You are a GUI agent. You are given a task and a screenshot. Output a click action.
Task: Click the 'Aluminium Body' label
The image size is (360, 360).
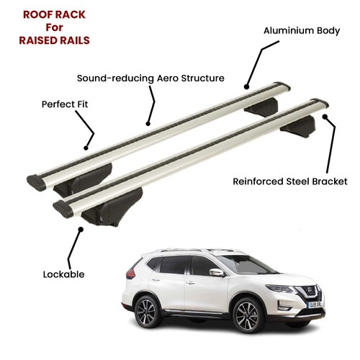(302, 31)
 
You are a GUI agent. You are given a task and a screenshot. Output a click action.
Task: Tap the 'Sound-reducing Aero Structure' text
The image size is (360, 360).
(150, 78)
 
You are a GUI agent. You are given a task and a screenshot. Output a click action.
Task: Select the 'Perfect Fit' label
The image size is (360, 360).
(65, 104)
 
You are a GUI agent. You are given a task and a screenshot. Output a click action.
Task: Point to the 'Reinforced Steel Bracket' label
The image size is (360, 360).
(290, 181)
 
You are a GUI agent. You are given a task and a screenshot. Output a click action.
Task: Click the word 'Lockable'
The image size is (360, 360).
(63, 274)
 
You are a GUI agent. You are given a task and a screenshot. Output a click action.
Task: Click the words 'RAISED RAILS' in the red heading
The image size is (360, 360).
(54, 40)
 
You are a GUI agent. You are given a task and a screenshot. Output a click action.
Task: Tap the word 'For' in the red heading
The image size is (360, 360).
(54, 27)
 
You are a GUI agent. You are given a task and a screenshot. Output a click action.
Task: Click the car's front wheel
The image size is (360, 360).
(247, 315)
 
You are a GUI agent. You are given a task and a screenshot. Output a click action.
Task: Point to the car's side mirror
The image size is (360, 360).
(216, 272)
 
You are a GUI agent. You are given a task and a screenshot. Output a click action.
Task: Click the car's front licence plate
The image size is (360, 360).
(315, 305)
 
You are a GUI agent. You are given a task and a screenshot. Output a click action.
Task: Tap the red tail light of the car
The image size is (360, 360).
(130, 274)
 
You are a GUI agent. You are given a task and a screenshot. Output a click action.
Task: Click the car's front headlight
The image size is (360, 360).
(280, 288)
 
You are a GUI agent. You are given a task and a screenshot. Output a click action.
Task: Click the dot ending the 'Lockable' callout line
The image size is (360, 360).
(81, 230)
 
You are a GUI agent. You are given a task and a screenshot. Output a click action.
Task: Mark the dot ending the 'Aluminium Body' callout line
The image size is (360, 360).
(246, 87)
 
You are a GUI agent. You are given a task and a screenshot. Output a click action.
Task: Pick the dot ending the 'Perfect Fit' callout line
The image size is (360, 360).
(86, 148)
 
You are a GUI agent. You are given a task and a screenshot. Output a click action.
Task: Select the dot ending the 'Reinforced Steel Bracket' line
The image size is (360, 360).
(325, 117)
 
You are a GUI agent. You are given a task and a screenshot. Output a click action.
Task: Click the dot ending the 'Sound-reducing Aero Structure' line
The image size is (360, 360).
(148, 124)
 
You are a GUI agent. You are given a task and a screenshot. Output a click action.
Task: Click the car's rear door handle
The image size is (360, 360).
(156, 280)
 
